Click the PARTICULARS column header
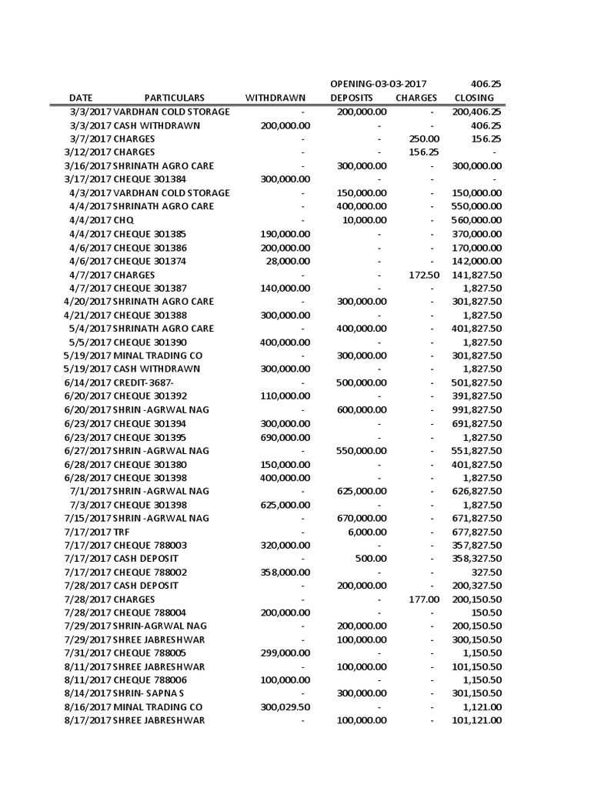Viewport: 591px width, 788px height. coord(175,98)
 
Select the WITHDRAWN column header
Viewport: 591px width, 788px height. coord(275,98)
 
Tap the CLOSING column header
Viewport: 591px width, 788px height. coord(474,98)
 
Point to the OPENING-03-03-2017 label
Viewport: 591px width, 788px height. coord(379,83)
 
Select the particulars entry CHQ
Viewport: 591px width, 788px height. coord(124,220)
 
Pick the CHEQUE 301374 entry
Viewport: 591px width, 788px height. coord(150,261)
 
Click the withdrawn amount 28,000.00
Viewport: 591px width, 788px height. coord(286,261)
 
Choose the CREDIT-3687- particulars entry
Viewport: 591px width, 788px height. coord(144,382)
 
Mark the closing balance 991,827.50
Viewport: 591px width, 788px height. coord(477,409)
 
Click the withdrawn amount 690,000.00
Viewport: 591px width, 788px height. coord(282,436)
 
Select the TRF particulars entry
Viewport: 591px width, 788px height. coord(122,532)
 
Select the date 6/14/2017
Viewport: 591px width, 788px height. coord(88,382)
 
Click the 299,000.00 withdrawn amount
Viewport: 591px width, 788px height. coord(282,653)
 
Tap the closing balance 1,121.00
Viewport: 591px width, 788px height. coord(482,707)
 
